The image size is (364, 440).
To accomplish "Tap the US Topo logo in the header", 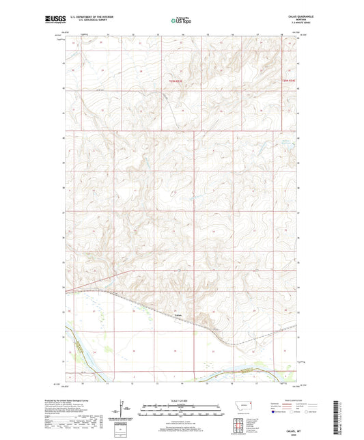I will click(180, 20).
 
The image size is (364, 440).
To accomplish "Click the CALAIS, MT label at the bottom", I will click(288, 424).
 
